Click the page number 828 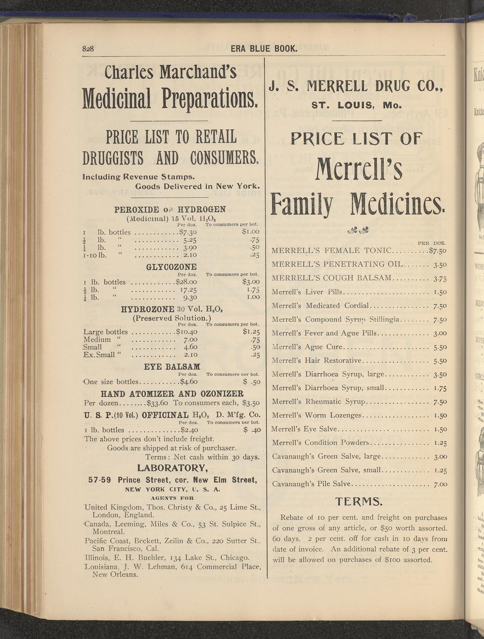tap(88, 49)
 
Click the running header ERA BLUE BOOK tap(264, 49)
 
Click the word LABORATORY tap(171, 467)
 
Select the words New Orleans tap(115, 575)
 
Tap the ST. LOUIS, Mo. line tap(356, 105)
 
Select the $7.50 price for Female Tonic tap(438, 251)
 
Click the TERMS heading tap(359, 501)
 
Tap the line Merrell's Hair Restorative tap(318, 361)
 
